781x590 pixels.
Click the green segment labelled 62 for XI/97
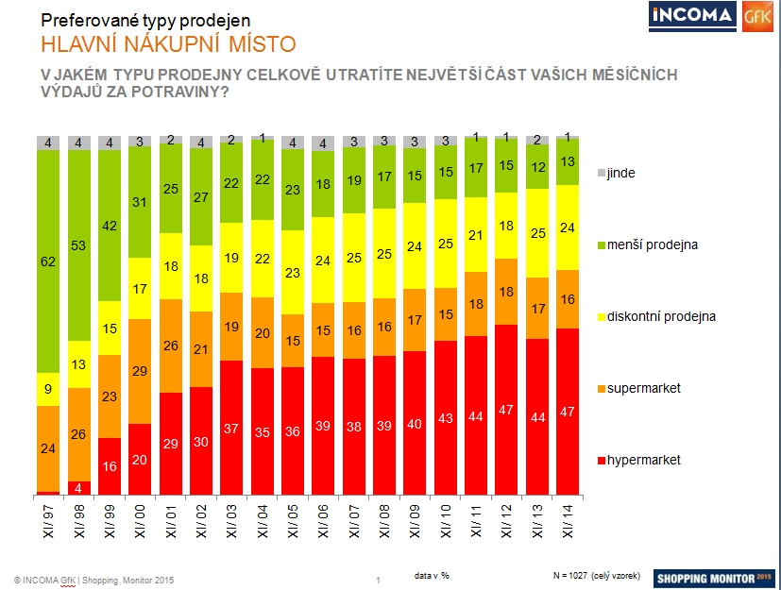tap(47, 261)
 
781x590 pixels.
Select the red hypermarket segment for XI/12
tap(506, 410)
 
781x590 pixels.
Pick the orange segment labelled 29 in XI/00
tap(139, 371)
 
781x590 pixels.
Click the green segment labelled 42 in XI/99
tap(109, 226)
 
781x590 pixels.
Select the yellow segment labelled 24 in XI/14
tap(568, 227)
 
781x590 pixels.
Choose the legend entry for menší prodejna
tap(651, 244)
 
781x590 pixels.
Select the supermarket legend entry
tap(645, 388)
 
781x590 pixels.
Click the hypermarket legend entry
tap(645, 460)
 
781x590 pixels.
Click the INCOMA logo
tap(692, 16)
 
